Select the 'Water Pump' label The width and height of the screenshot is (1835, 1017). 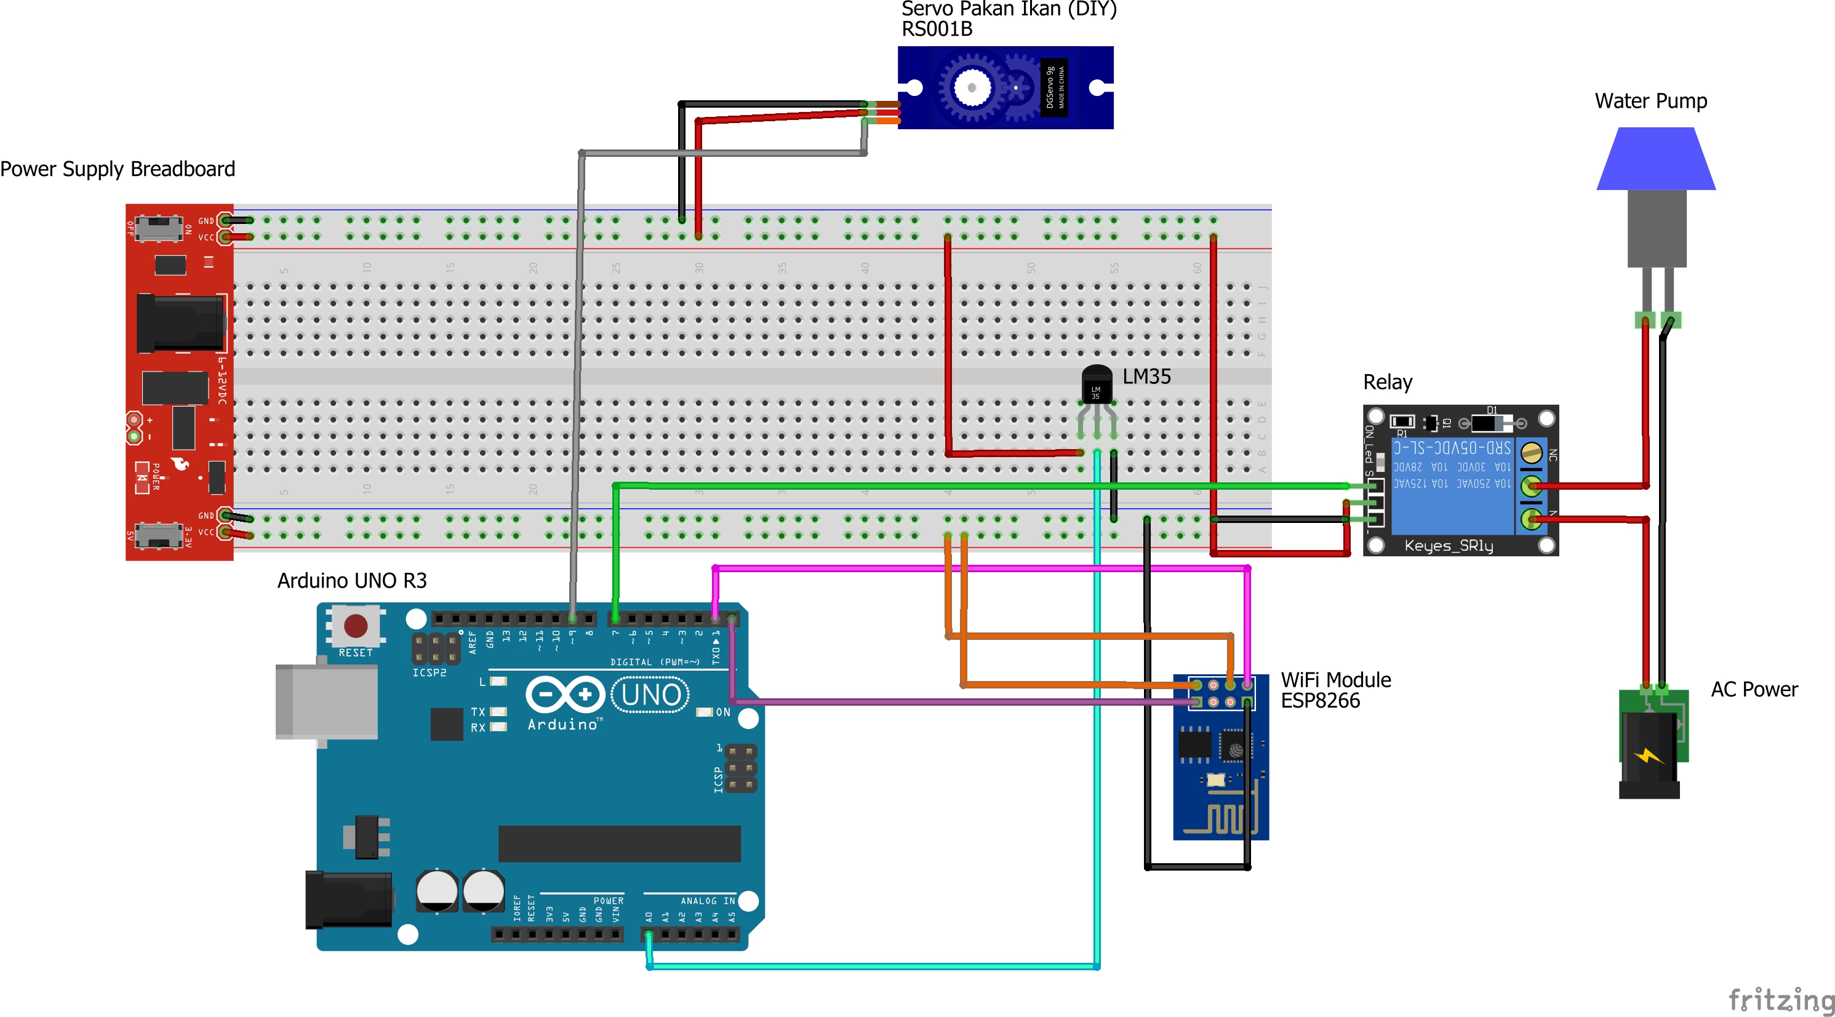pyautogui.click(x=1650, y=101)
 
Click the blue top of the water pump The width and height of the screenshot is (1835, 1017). pyautogui.click(x=1655, y=159)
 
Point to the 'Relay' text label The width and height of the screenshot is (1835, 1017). pyautogui.click(x=1387, y=383)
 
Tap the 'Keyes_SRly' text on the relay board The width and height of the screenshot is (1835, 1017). pyautogui.click(x=1448, y=546)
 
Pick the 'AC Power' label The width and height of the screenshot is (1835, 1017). pyautogui.click(x=1754, y=690)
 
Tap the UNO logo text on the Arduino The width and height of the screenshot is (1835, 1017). pyautogui.click(x=650, y=695)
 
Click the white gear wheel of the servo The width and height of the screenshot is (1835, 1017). pyautogui.click(x=971, y=87)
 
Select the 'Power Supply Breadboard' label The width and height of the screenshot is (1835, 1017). pyautogui.click(x=118, y=169)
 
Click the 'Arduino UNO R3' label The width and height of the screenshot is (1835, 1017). pyautogui.click(x=352, y=580)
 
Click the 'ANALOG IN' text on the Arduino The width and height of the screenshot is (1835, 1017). pyautogui.click(x=708, y=901)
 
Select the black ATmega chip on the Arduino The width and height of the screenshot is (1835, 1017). pyautogui.click(x=619, y=844)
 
